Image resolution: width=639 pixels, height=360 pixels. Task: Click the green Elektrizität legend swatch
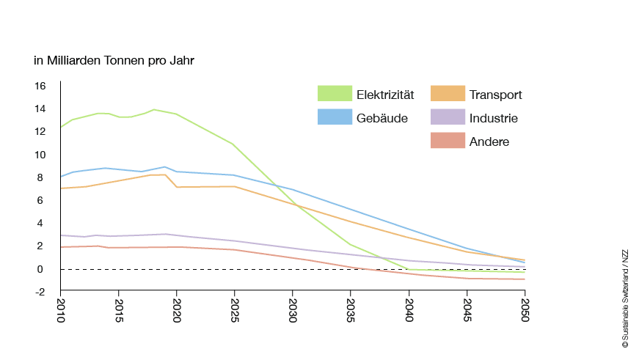pyautogui.click(x=333, y=94)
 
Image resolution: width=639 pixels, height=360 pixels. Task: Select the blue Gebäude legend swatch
pyautogui.click(x=333, y=117)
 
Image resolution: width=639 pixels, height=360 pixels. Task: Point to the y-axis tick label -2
pyautogui.click(x=40, y=292)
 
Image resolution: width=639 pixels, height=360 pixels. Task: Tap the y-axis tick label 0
pyautogui.click(x=43, y=269)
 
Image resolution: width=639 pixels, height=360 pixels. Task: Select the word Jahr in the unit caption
pyautogui.click(x=180, y=60)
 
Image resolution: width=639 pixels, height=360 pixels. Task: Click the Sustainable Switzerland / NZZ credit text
pyautogui.click(x=625, y=297)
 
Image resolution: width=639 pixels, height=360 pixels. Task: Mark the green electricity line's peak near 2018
pyautogui.click(x=153, y=109)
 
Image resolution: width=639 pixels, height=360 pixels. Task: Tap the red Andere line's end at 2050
pyautogui.click(x=524, y=279)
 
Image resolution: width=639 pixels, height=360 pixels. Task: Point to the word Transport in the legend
pyautogui.click(x=495, y=95)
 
